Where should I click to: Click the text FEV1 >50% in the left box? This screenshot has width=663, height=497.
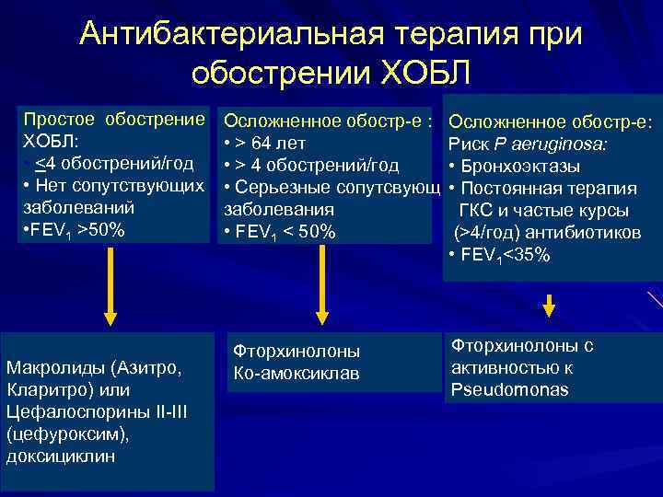72,231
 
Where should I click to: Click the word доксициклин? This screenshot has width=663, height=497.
61,457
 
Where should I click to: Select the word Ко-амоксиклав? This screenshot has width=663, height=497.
296,374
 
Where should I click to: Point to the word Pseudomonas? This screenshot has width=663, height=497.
509,390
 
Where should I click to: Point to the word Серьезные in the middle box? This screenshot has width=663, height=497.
280,189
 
